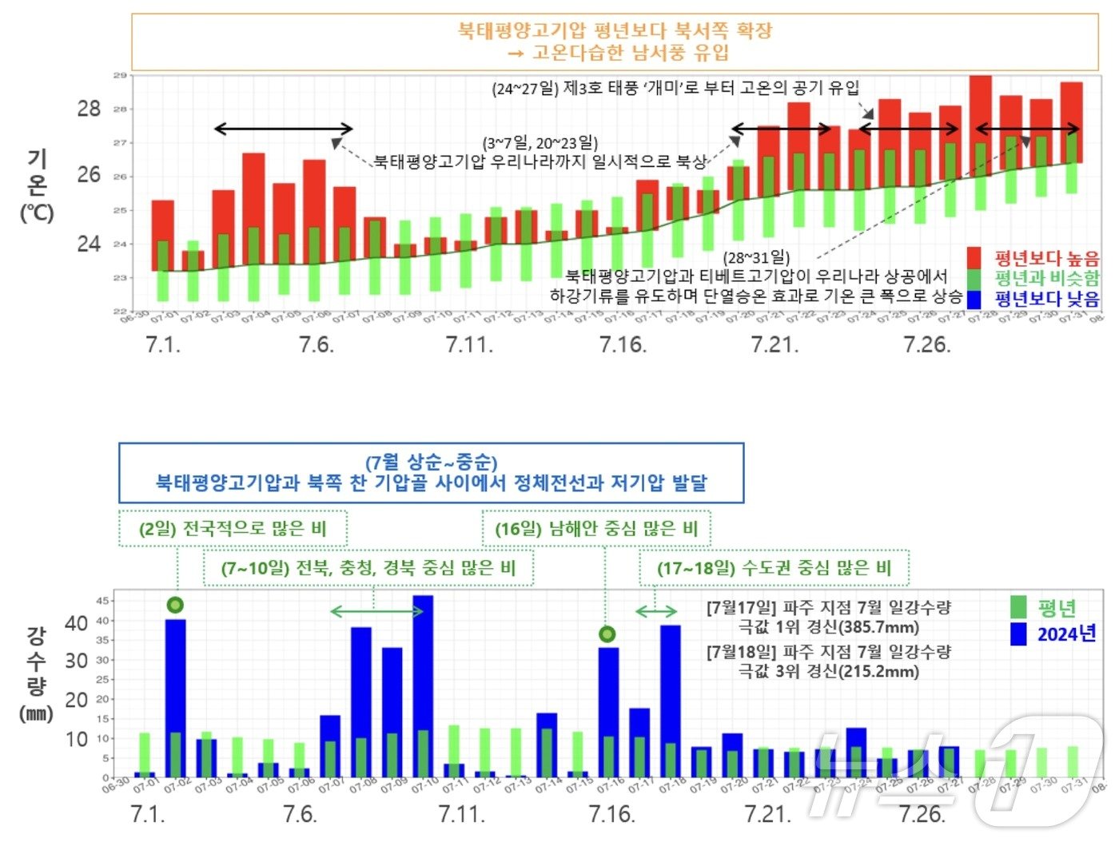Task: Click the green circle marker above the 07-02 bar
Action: pyautogui.click(x=175, y=605)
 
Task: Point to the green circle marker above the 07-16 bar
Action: pyautogui.click(x=607, y=634)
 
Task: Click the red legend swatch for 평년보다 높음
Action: pyautogui.click(x=974, y=258)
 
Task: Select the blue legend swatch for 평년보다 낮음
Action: pyautogui.click(x=974, y=300)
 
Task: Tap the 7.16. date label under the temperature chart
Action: pyautogui.click(x=623, y=345)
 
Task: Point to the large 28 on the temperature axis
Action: pyautogui.click(x=89, y=109)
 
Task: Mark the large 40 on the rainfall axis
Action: pyautogui.click(x=77, y=623)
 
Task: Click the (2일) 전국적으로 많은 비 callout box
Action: pyautogui.click(x=233, y=529)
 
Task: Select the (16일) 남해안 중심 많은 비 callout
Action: pyautogui.click(x=596, y=529)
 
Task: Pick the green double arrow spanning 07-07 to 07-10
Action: pyautogui.click(x=377, y=612)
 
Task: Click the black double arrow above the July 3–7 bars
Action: pyautogui.click(x=284, y=129)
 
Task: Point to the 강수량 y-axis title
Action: pyautogui.click(x=37, y=661)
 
